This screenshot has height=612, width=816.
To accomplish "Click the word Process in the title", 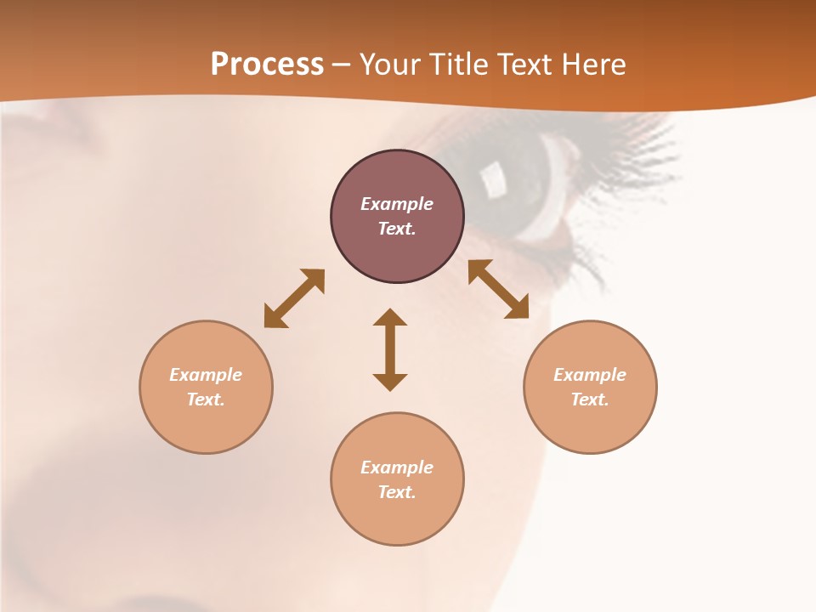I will pos(267,65).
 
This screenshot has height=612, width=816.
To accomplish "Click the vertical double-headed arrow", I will pos(390,350).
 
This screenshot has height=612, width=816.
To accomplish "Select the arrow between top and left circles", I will pos(294,298).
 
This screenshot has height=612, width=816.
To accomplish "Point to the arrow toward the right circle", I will pos(499,290).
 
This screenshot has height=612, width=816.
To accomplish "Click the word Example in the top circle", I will pos(397,204).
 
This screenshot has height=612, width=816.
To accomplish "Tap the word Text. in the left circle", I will pos(206,399).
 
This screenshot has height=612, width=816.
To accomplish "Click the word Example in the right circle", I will pos(590,375).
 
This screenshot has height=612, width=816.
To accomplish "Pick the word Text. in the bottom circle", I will pos(397,492).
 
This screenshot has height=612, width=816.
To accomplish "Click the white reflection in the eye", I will pos(492,178).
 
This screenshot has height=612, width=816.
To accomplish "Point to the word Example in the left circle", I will pos(206,375).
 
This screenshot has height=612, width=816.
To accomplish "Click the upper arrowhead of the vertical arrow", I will pos(390,318).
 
